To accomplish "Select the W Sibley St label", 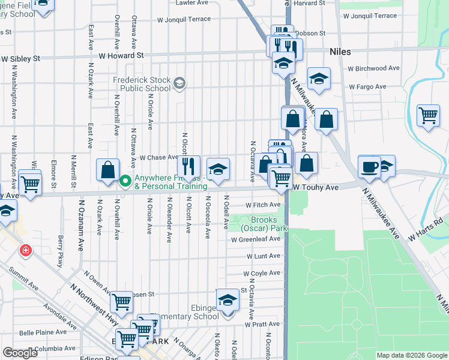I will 20,59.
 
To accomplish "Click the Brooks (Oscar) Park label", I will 264,224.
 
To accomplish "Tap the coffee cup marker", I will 369,166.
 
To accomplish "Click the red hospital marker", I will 26,250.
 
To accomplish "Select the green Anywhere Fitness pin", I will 125,181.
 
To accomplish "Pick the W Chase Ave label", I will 157,157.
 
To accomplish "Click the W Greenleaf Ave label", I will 256,239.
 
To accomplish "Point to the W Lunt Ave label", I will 263,256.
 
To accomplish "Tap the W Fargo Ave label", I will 366,87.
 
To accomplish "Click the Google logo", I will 20,353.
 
